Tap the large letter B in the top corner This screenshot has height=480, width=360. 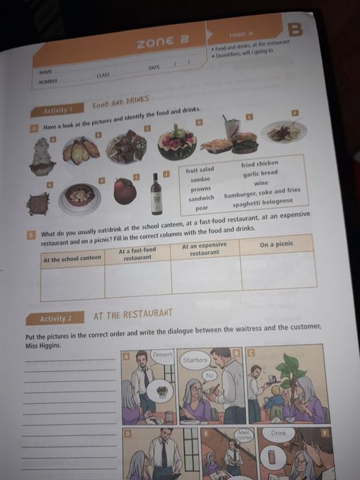296,29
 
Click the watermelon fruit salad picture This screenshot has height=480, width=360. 177,142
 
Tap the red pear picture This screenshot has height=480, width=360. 125,191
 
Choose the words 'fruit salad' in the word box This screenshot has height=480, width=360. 201,169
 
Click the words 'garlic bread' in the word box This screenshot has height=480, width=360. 261,173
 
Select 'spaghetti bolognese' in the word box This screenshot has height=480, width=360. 263,202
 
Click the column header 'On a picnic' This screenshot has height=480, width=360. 276,243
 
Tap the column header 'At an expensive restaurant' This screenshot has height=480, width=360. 204,249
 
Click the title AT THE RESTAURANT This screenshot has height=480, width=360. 133,315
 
